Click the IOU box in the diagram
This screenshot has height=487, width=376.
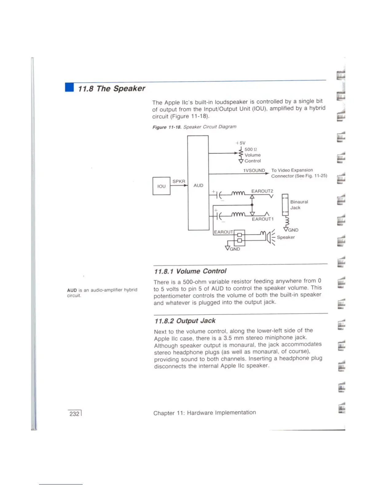[x=161, y=186]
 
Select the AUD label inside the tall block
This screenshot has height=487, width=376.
[x=198, y=185]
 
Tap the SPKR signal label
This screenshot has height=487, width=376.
[x=179, y=181]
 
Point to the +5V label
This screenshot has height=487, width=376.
[x=241, y=143]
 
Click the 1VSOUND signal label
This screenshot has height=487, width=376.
[x=254, y=170]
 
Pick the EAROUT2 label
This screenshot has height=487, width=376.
[x=262, y=191]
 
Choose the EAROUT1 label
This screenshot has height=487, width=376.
[x=263, y=219]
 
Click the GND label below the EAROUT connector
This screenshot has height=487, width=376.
[x=235, y=249]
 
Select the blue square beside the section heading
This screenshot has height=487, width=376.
[x=69, y=88]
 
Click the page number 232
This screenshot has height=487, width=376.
[x=74, y=414]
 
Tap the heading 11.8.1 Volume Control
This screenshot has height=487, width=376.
[x=190, y=271]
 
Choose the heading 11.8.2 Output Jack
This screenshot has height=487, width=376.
[x=185, y=321]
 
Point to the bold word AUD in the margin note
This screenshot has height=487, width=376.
[x=72, y=290]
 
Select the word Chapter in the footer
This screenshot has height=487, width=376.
[x=164, y=413]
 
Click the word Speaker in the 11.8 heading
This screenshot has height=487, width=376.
[x=129, y=89]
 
